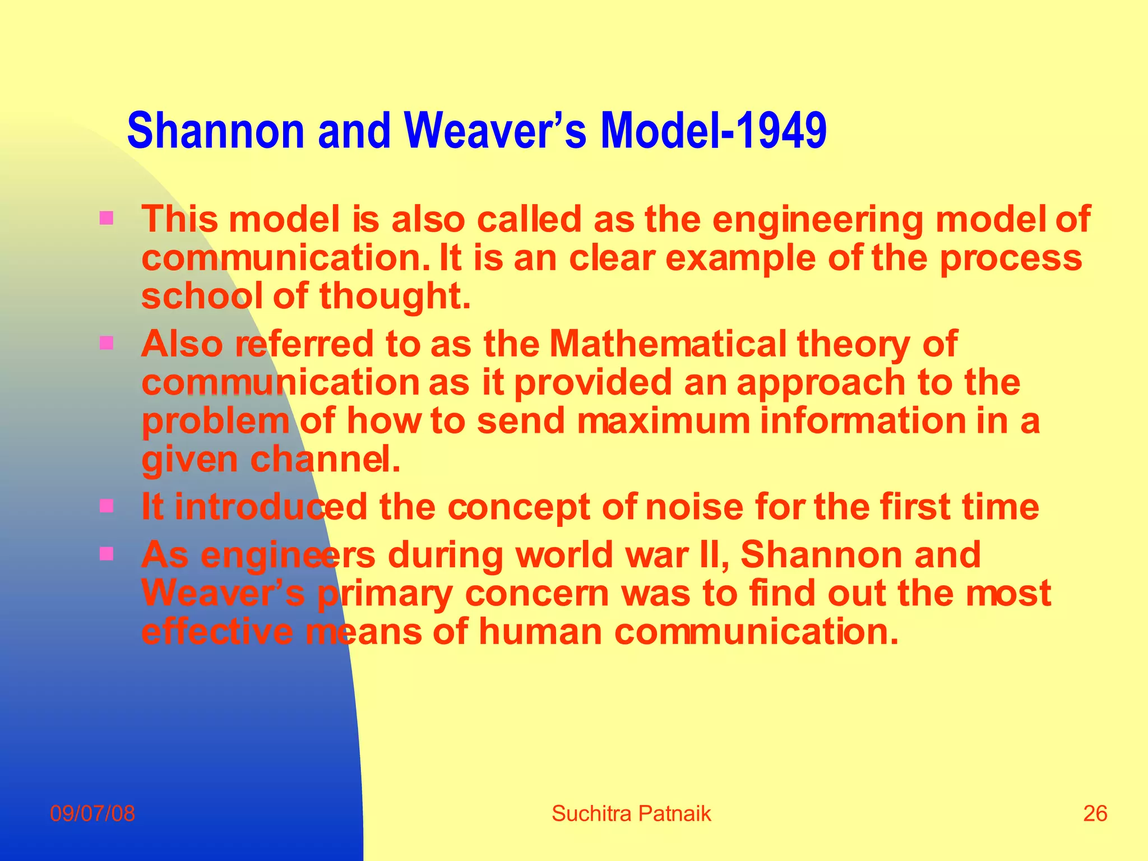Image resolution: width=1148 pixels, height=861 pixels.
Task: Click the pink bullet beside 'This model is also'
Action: tap(106, 217)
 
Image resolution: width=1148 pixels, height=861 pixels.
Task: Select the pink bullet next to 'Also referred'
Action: tap(106, 342)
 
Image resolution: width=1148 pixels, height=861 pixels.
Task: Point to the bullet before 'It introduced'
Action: tap(106, 506)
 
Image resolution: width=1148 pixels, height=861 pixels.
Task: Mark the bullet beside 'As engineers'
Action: tap(106, 554)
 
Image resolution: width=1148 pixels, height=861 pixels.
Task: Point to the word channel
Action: tap(325, 460)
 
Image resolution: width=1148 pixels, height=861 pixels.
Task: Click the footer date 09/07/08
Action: tap(92, 813)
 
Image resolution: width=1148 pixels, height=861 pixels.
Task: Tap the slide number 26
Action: tap(1095, 813)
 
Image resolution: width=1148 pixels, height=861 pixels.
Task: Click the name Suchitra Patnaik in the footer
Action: tap(631, 813)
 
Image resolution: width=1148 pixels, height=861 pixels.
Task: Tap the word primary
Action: tap(385, 594)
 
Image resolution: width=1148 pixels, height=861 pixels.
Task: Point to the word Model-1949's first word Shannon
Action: tap(215, 131)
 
